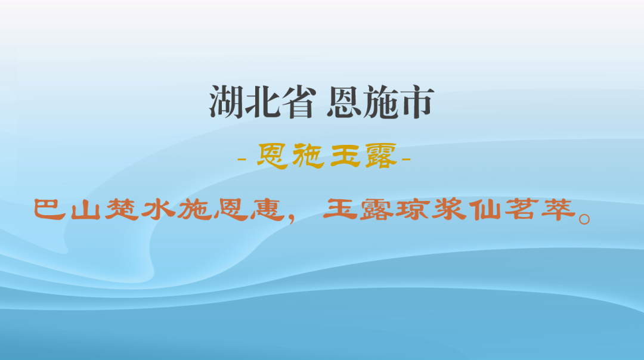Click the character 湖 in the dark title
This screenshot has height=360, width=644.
tap(227, 103)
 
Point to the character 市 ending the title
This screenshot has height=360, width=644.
tap(415, 103)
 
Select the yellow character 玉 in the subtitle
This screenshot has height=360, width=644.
tap(345, 157)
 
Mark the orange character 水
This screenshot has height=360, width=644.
tap(158, 209)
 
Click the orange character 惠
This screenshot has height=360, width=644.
tap(267, 209)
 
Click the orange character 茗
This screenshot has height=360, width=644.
tap(523, 209)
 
